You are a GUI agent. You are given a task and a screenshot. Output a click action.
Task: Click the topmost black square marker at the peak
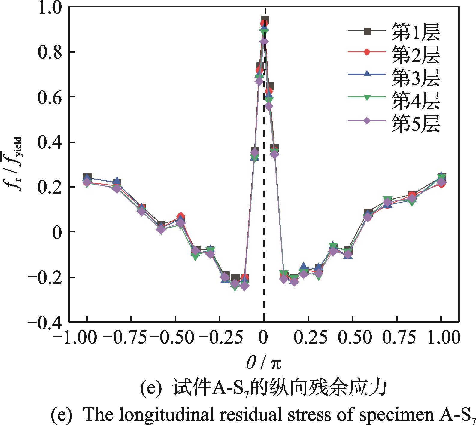(265, 20)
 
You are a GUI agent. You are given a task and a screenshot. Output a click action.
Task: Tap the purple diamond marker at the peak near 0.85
(264, 41)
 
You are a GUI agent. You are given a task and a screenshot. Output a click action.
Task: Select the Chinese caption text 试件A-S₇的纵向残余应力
(279, 389)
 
